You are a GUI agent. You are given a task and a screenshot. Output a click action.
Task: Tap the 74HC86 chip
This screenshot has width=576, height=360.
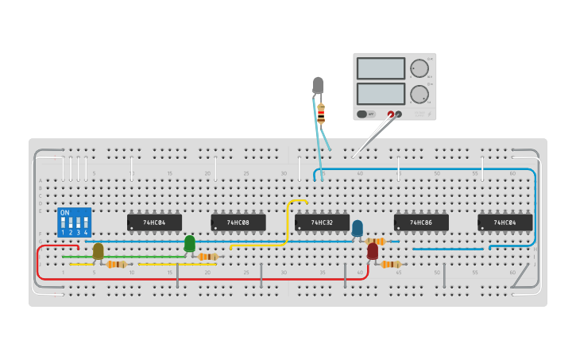(421, 223)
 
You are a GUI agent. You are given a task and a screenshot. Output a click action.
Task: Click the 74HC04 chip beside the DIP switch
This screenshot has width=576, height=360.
(154, 223)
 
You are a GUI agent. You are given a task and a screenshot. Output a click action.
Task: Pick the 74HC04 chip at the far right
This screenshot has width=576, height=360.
(504, 223)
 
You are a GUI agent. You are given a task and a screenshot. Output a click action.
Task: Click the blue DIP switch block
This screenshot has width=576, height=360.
(74, 223)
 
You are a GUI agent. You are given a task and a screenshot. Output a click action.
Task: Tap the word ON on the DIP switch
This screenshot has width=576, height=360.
(65, 213)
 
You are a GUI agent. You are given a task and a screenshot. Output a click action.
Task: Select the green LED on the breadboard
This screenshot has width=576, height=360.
(189, 243)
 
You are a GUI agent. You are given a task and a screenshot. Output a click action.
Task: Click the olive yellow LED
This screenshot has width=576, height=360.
(98, 251)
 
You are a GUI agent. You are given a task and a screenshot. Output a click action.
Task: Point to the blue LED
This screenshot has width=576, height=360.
(358, 229)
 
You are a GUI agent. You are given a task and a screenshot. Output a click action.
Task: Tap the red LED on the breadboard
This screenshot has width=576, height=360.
(373, 251)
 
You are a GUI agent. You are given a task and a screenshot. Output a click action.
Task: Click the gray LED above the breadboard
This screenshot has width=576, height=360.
(318, 84)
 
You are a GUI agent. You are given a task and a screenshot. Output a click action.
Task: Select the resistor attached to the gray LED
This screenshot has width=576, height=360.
(321, 114)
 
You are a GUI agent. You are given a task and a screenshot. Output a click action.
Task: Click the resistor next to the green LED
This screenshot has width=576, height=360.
(207, 257)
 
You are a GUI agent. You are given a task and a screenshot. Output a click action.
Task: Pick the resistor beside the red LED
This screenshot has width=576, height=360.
(390, 265)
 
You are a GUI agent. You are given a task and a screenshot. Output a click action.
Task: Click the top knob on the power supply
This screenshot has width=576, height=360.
(418, 68)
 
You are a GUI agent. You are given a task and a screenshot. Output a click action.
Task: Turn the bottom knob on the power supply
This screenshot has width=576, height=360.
(418, 94)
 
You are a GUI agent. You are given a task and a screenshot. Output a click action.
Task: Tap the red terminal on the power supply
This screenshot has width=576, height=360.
(390, 114)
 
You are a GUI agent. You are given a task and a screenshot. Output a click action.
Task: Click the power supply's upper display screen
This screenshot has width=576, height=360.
(381, 68)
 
